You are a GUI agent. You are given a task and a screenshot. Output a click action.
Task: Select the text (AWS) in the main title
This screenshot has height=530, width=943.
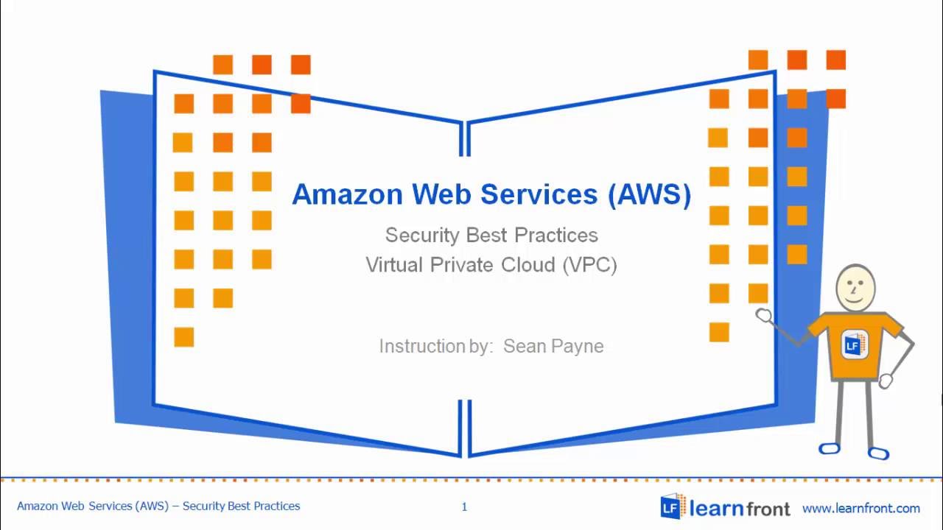pyautogui.click(x=650, y=194)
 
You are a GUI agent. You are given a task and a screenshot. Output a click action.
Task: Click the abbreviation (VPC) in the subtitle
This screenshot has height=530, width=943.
pyautogui.click(x=589, y=265)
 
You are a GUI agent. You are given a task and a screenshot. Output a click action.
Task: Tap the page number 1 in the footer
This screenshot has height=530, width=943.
pyautogui.click(x=464, y=506)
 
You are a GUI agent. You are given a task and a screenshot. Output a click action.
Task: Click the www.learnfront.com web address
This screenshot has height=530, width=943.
pyautogui.click(x=860, y=508)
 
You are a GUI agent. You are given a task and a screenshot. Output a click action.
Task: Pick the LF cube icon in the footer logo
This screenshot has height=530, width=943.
pyautogui.click(x=672, y=506)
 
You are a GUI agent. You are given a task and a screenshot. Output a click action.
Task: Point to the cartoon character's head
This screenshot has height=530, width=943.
pyautogui.click(x=855, y=288)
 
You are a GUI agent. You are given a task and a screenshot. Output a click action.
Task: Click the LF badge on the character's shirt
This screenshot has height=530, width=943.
pyautogui.click(x=854, y=344)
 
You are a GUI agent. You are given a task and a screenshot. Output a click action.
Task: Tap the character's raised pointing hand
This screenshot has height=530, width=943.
pyautogui.click(x=764, y=316)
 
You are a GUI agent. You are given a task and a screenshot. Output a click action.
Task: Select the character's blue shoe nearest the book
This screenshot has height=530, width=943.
pyautogui.click(x=830, y=448)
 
